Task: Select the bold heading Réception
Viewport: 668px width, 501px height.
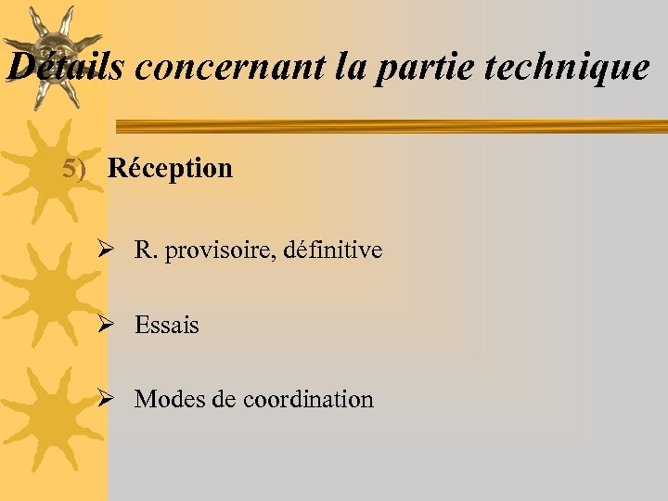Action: (170, 169)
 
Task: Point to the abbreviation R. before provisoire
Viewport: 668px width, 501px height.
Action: (146, 250)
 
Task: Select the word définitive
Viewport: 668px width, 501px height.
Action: (333, 250)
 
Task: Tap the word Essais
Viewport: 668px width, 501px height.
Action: (167, 326)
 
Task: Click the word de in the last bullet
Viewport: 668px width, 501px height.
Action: (224, 400)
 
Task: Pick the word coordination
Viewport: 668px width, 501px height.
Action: (308, 400)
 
